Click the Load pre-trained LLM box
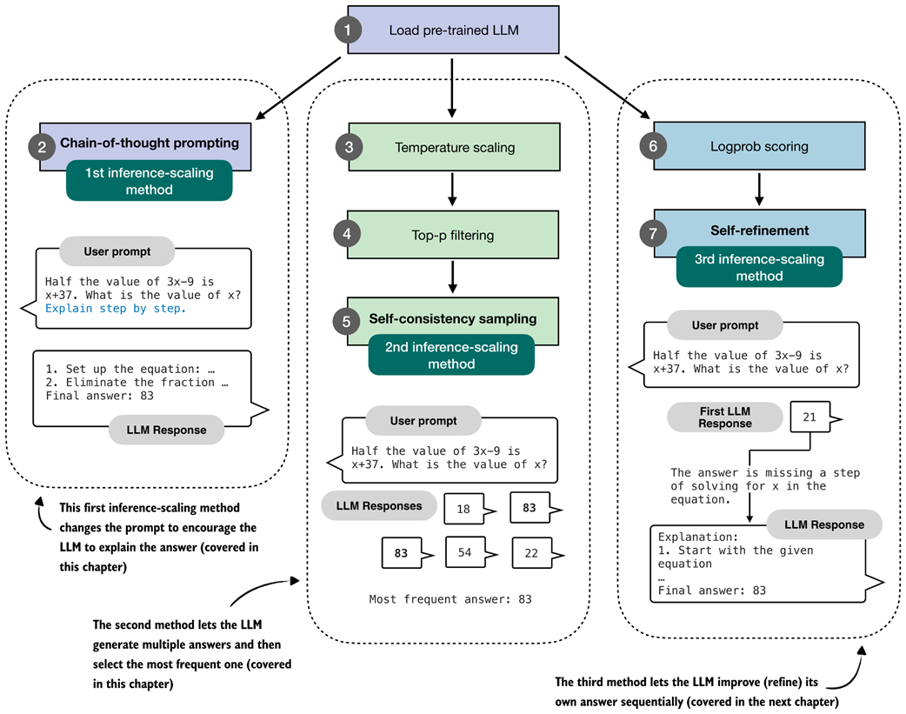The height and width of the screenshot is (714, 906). point(452,30)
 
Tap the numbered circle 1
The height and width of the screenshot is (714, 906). point(348,30)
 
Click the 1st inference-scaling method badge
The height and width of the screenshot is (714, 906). point(149,181)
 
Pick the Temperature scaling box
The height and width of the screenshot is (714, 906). point(454,147)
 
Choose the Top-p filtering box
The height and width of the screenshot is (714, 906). point(454,234)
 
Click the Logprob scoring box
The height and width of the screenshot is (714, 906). point(760,146)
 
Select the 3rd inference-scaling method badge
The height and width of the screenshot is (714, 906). point(760,267)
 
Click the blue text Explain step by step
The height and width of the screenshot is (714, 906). point(116,308)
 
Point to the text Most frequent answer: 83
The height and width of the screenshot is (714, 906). point(450,599)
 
